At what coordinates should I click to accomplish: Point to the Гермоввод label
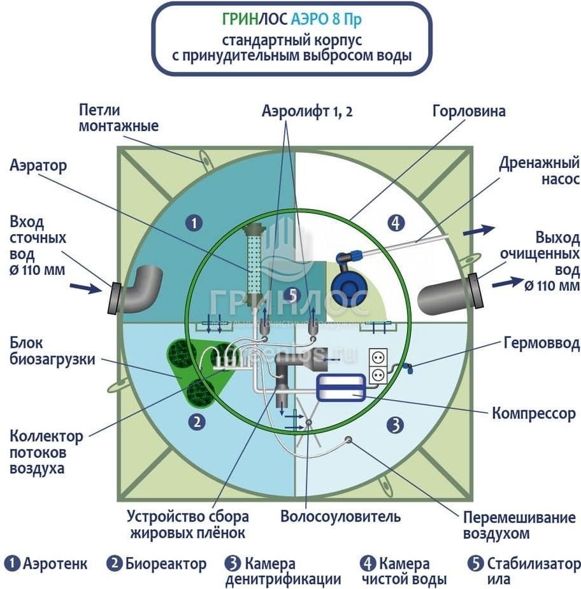(541, 344)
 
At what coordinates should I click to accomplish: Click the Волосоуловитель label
(340, 516)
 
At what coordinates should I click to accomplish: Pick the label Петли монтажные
(118, 118)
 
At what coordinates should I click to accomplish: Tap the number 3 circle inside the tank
(396, 424)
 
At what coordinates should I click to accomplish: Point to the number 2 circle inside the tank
(197, 421)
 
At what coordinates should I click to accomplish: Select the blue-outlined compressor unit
(340, 387)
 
